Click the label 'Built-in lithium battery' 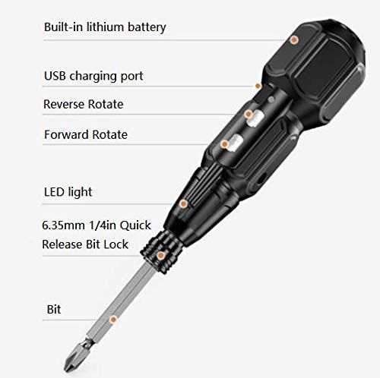pos(105,27)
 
